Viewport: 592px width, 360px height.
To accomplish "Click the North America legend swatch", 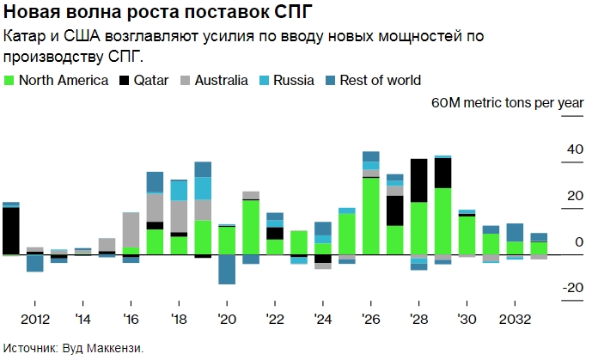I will click(9, 81).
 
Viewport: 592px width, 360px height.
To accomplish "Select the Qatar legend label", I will click(151, 81).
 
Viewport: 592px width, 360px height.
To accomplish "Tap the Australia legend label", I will click(222, 81).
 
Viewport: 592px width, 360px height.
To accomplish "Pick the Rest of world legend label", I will click(381, 81).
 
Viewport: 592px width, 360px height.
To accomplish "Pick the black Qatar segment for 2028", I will click(419, 180).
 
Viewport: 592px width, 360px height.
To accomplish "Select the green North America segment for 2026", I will click(371, 216).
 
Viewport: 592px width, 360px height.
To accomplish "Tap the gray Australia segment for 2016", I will click(131, 229).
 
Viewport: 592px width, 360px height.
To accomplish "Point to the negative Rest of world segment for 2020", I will click(227, 270).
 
